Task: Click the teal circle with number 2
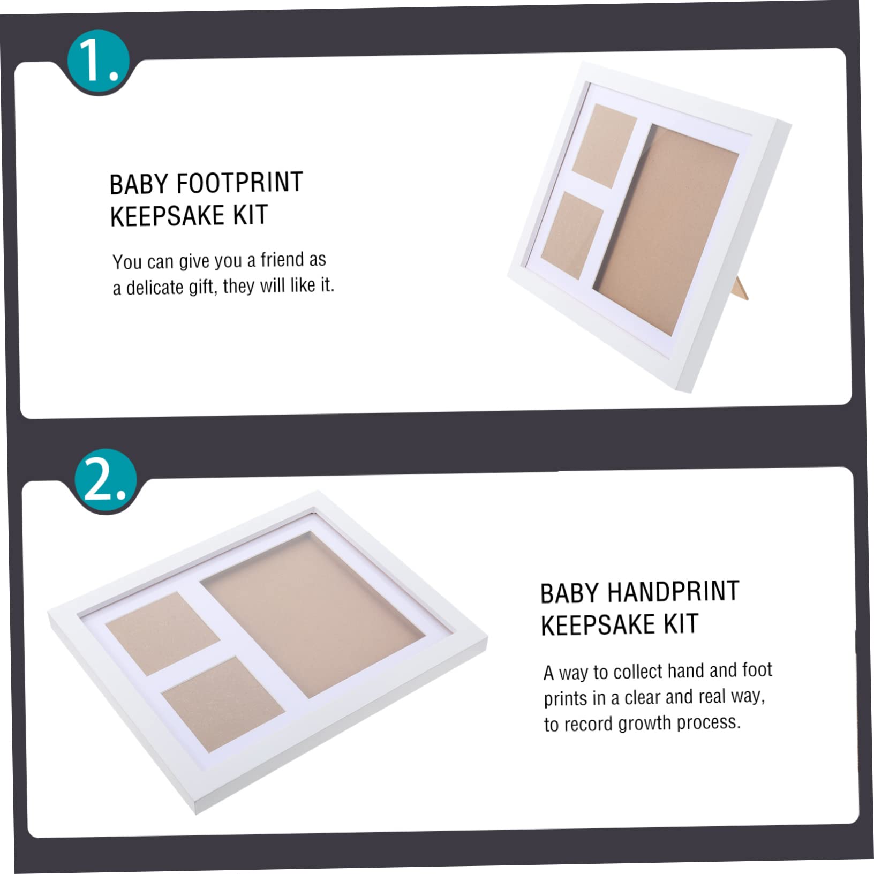(x=106, y=480)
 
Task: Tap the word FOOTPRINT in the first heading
(x=239, y=183)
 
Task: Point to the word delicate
(x=154, y=288)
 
